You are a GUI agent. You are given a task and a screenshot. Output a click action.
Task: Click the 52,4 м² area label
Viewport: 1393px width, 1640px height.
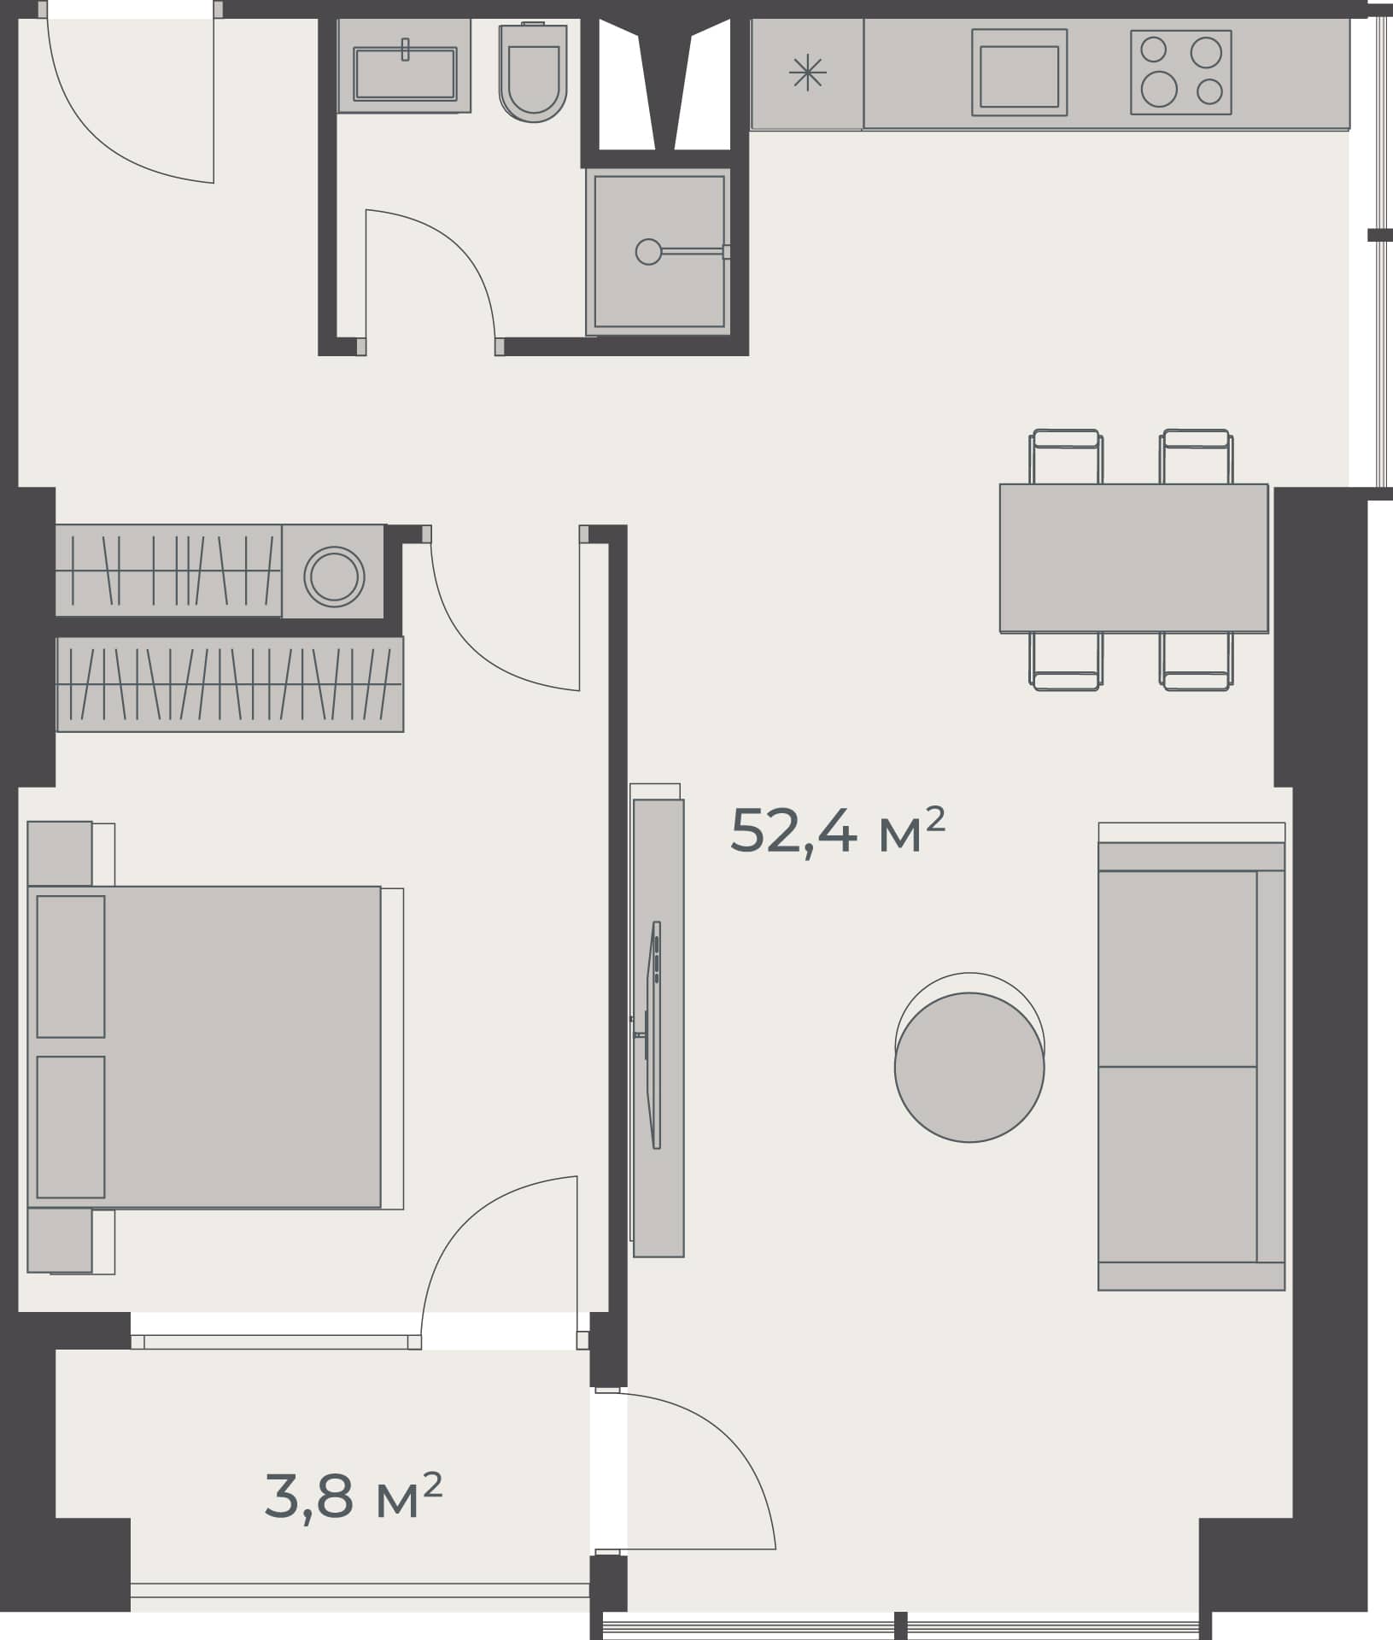837,831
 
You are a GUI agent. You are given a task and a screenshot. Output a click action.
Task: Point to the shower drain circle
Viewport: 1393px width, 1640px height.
648,251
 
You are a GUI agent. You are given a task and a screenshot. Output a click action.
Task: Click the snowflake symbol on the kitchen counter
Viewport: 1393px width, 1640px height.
806,73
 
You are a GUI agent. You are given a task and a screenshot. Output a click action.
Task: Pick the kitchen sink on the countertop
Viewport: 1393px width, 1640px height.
1019,74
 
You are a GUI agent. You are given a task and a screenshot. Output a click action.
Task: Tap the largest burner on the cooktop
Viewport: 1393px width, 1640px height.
1158,89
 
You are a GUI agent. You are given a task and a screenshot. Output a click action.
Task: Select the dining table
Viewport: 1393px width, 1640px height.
1133,558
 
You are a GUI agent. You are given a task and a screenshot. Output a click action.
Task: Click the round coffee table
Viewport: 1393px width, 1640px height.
969,1067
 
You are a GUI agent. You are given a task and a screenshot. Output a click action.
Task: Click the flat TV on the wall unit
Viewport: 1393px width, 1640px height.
655,1034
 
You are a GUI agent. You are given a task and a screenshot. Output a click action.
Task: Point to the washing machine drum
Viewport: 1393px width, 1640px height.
334,576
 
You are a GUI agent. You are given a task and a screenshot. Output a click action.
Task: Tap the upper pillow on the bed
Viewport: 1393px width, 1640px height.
71,966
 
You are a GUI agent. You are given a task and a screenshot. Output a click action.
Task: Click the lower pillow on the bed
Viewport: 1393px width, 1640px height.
71,1127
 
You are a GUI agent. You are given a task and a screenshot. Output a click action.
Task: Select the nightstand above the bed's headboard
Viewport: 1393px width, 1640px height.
60,852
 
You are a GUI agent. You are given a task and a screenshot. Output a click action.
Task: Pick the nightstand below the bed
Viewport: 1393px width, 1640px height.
60,1240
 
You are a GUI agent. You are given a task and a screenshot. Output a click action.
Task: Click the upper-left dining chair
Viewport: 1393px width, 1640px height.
1065,456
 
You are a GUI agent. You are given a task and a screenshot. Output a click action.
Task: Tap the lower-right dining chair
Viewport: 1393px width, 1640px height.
1196,661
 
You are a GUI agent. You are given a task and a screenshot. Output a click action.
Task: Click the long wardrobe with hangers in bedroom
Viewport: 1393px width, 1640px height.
230,684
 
